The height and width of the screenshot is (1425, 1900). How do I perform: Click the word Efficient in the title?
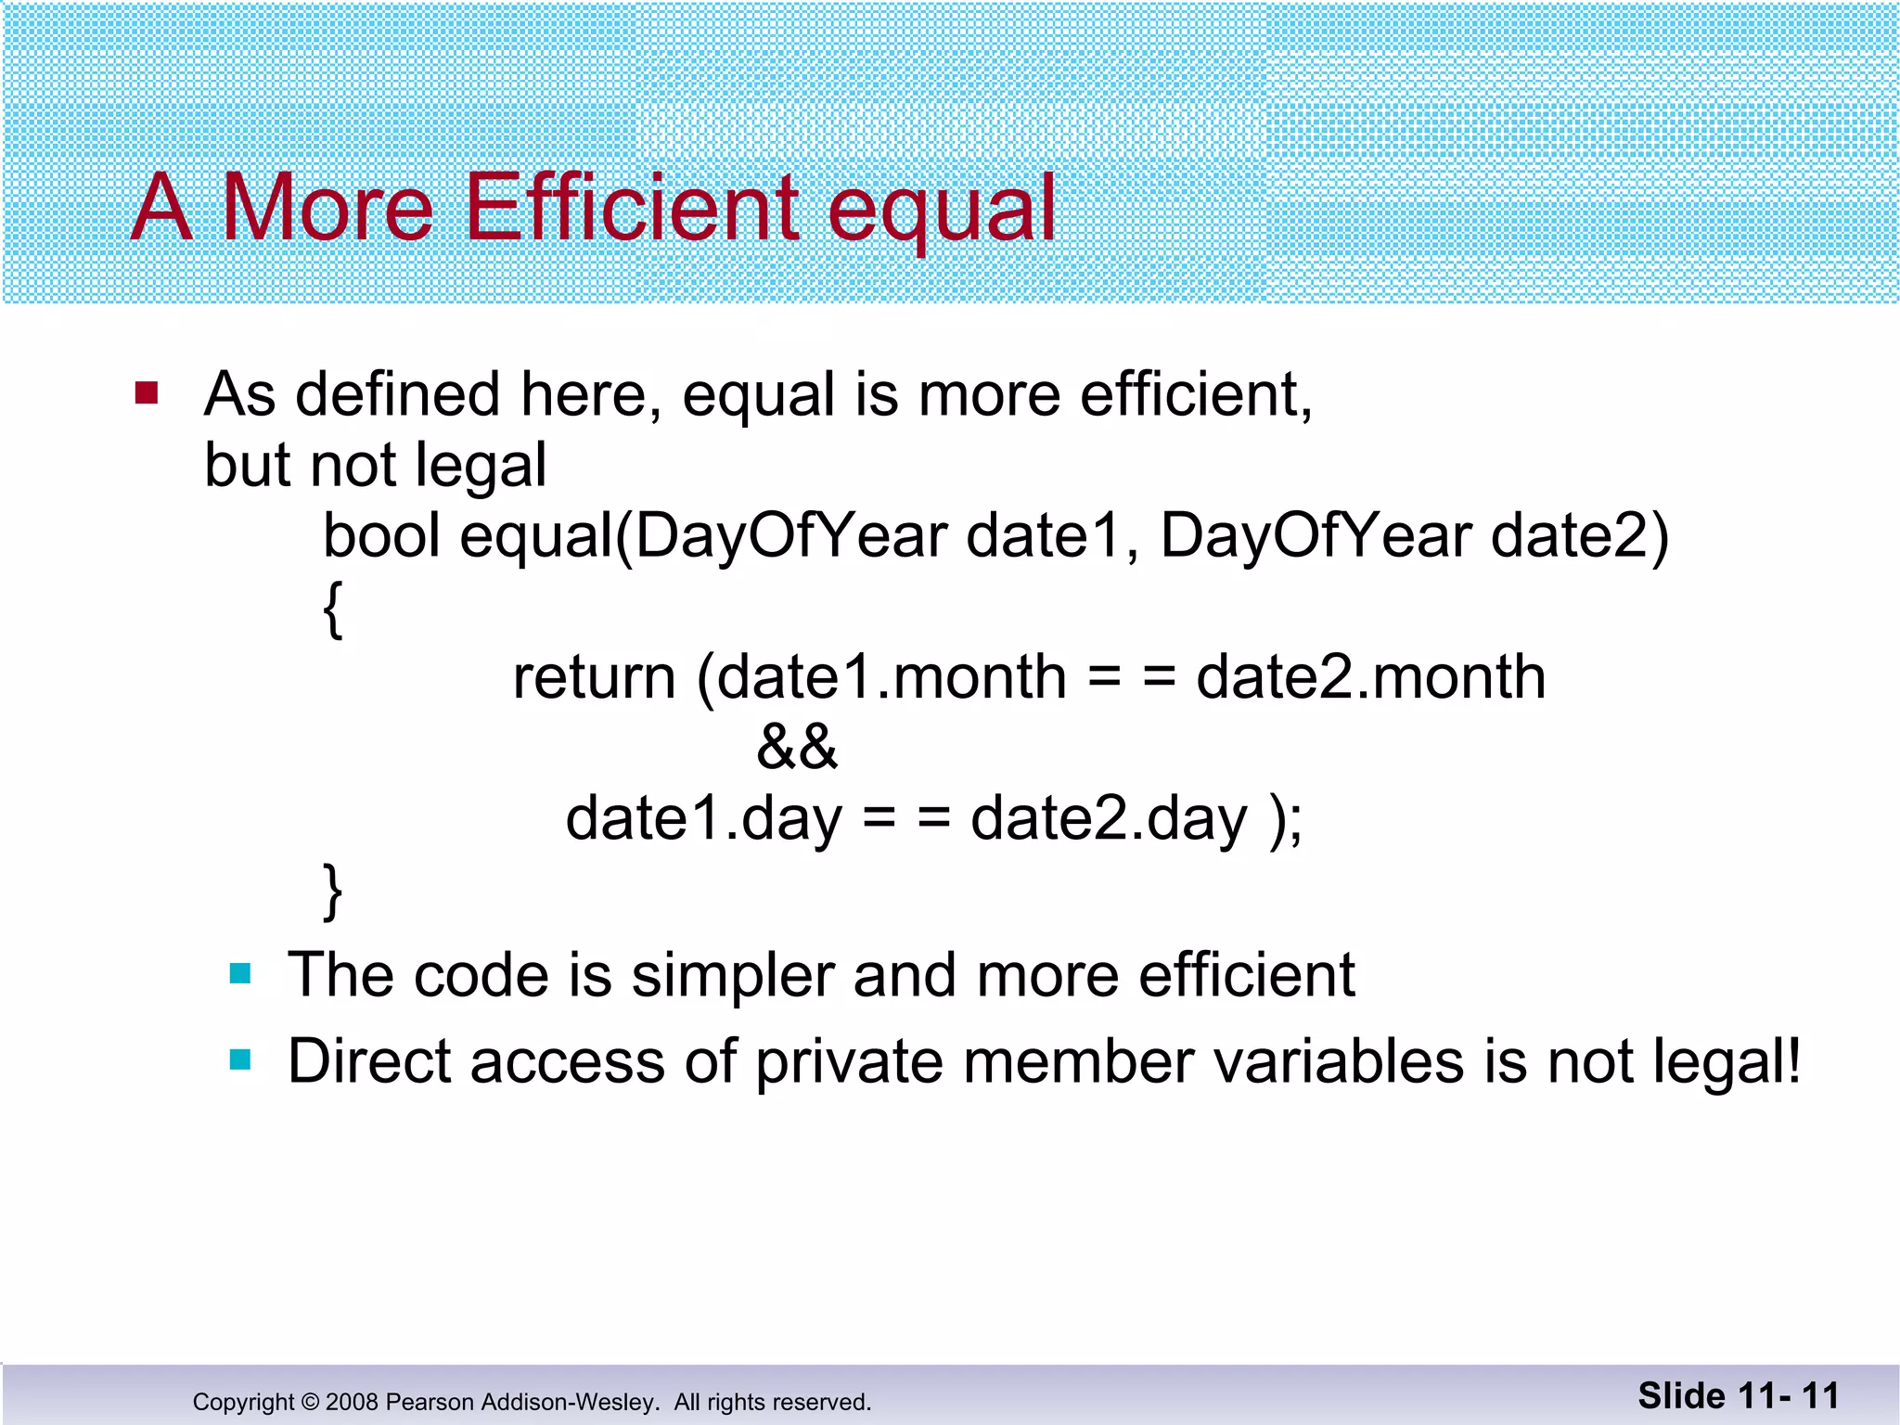631,208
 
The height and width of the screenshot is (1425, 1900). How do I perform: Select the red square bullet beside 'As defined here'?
147,393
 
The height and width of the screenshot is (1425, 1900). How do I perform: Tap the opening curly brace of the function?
333,609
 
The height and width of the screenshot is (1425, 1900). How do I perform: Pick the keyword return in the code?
594,677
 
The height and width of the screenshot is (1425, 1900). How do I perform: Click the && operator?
797,748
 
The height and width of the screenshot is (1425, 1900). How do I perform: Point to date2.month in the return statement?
1370,677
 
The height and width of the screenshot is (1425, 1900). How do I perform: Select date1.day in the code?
703,818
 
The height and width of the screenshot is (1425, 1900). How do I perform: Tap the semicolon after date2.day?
1295,822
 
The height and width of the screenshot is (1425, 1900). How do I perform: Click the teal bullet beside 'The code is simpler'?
240,973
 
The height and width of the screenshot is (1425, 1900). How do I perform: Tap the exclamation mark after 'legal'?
1793,1059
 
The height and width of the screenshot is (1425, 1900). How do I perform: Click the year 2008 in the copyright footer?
352,1402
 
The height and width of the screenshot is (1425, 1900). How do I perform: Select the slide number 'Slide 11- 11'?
1739,1395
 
